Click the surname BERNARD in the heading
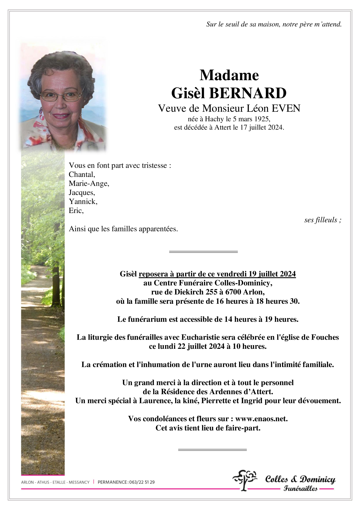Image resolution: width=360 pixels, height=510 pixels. (248, 93)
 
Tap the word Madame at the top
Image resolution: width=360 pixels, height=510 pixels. (229, 75)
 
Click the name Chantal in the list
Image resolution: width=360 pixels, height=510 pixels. (82, 175)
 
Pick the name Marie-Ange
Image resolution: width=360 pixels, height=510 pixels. (89, 183)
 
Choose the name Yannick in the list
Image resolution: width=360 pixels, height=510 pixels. (83, 201)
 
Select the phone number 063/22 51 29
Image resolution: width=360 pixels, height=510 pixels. (142, 482)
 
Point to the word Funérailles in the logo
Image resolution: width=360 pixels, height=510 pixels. (300, 489)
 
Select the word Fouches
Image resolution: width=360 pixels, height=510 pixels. (325, 337)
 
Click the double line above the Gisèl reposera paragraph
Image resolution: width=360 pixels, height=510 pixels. (203, 252)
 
